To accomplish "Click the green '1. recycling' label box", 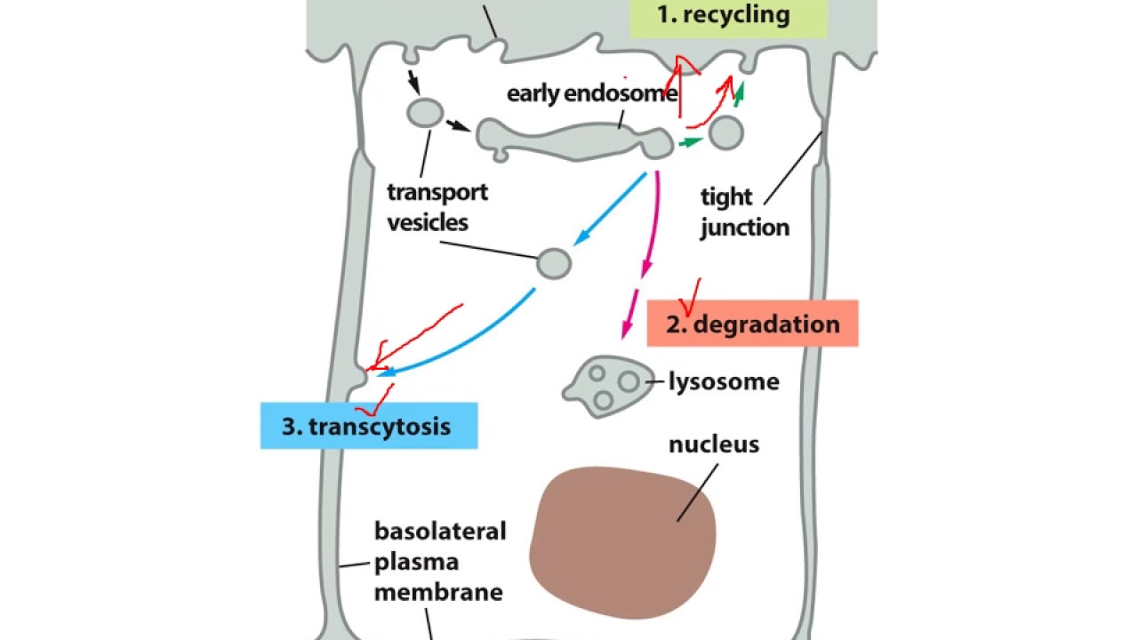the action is click(728, 19).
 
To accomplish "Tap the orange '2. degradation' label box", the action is click(752, 324).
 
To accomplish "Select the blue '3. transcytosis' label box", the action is click(369, 426).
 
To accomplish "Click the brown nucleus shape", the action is click(622, 542).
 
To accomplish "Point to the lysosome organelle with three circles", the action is click(608, 387).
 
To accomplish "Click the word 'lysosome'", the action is click(724, 381).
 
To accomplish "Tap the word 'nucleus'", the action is click(714, 444).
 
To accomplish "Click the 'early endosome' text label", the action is click(592, 93).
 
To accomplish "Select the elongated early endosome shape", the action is click(575, 140).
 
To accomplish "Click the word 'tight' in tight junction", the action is click(726, 197).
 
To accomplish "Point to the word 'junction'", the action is click(745, 227).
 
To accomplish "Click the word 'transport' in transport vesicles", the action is click(437, 193).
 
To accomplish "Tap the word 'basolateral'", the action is click(440, 532).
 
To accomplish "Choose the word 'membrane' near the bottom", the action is click(438, 592).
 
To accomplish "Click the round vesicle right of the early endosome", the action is click(726, 133).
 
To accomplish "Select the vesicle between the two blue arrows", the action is click(554, 264).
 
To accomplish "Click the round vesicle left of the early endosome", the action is click(425, 113).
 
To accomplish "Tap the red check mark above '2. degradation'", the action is click(690, 297).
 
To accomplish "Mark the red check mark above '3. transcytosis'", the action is click(375, 400).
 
